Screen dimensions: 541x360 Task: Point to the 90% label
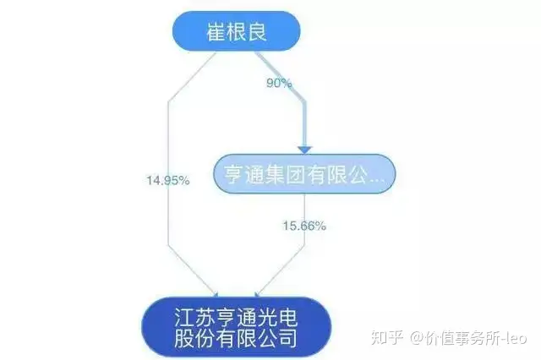click(x=278, y=83)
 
